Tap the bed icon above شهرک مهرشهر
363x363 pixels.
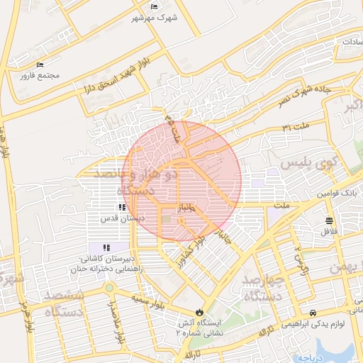click(x=155, y=7)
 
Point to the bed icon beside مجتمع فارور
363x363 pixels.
click(x=40, y=65)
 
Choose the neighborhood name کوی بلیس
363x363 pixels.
click(x=307, y=163)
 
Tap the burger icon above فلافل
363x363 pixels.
click(x=330, y=220)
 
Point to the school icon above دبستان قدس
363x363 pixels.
click(x=122, y=208)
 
